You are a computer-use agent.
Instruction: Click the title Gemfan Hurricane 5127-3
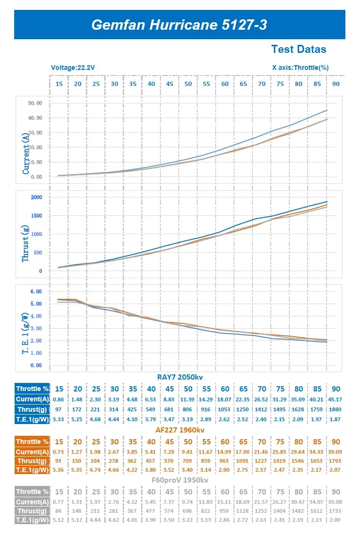(x=179, y=25)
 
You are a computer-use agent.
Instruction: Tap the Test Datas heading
(x=299, y=49)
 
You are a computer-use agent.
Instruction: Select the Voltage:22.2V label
(x=73, y=68)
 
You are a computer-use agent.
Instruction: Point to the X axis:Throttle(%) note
(x=301, y=68)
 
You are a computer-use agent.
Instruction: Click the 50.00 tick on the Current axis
(x=35, y=103)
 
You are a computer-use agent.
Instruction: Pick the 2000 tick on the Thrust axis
(x=37, y=197)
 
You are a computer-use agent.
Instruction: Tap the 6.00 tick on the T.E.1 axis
(x=36, y=291)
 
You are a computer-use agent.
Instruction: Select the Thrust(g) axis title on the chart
(x=25, y=243)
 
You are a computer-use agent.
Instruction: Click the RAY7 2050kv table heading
(x=180, y=377)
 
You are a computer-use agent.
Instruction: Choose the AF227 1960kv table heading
(x=180, y=430)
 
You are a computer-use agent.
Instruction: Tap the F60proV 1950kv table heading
(x=180, y=480)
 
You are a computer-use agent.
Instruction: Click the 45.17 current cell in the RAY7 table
(x=335, y=399)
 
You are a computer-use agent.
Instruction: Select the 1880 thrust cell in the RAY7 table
(x=335, y=409)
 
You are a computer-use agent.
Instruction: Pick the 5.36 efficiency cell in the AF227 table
(x=59, y=470)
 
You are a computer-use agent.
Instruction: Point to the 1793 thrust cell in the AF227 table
(x=335, y=460)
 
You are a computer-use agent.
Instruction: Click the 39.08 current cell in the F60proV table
(x=335, y=502)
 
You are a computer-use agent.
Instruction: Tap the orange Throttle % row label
(x=33, y=442)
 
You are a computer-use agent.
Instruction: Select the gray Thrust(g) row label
(x=33, y=511)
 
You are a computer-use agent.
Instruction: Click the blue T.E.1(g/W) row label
(x=33, y=419)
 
